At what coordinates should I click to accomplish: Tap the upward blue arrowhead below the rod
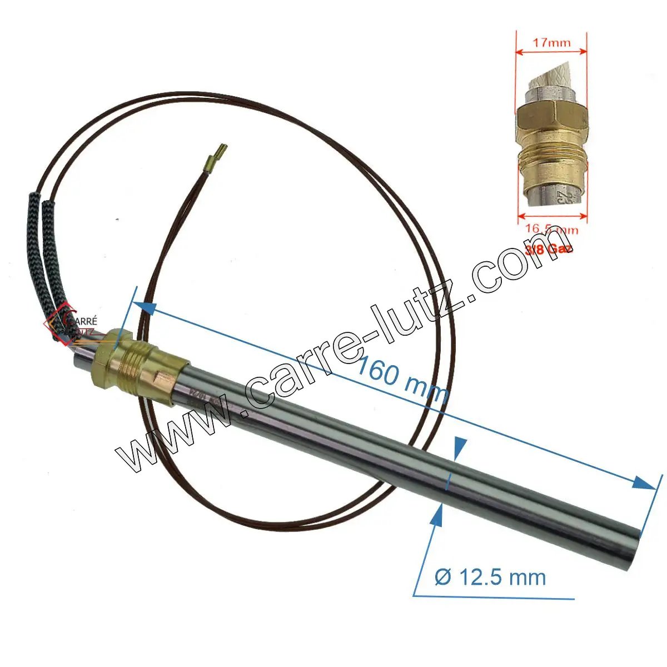point(436,514)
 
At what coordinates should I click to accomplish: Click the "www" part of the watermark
point(167,439)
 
